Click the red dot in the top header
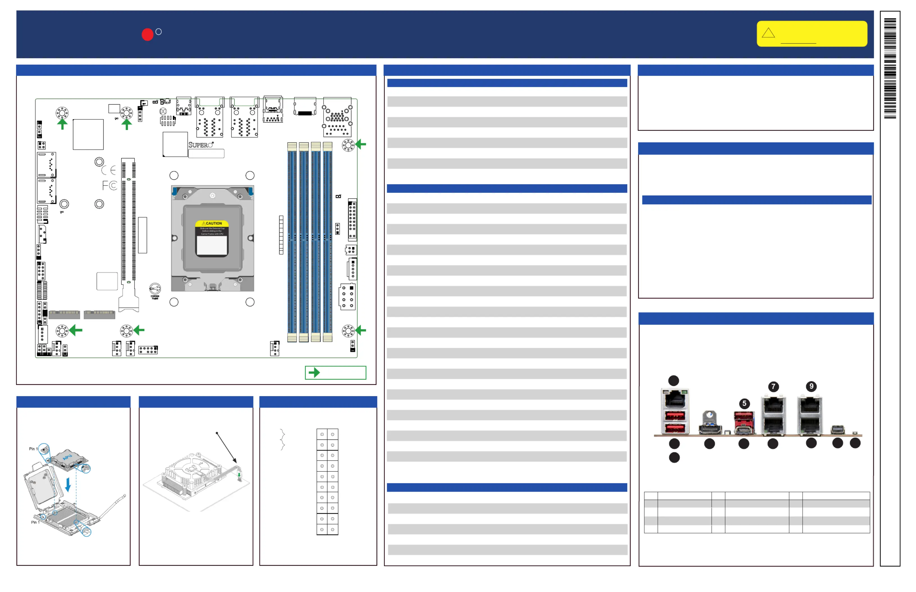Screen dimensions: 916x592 coord(147,34)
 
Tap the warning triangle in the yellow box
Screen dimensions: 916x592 coord(768,33)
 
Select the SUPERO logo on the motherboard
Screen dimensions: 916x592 coord(201,145)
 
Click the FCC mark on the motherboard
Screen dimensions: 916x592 coord(109,186)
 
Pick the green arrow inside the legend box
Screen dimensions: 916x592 coord(314,373)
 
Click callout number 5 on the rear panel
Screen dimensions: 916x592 coord(744,403)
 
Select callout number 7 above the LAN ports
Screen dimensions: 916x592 coord(773,386)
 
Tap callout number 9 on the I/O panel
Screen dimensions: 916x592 coord(811,386)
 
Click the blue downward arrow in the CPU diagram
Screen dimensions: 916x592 coord(68,485)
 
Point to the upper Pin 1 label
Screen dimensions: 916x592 coord(33,448)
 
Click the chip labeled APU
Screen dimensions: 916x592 coord(68,457)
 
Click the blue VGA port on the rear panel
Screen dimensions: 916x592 coord(710,426)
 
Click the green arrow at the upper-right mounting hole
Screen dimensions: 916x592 coord(361,145)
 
